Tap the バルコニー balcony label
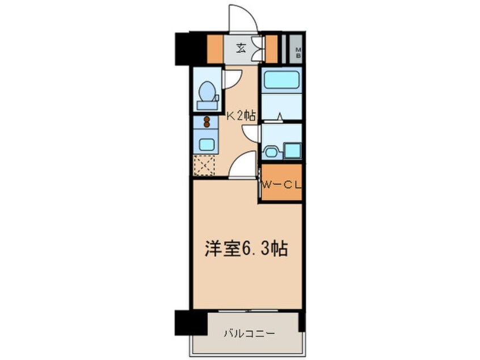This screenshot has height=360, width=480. (x=245, y=333)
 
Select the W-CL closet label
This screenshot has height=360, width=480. (x=280, y=184)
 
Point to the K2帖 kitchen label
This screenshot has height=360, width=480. (x=241, y=116)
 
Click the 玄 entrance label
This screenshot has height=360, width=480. (x=241, y=48)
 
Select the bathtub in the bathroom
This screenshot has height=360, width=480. (x=281, y=79)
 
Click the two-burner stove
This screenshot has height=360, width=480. (x=207, y=122)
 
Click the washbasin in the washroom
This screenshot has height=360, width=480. (x=271, y=152)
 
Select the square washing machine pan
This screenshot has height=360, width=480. (x=292, y=150)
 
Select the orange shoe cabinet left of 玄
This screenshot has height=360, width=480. (x=215, y=49)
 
